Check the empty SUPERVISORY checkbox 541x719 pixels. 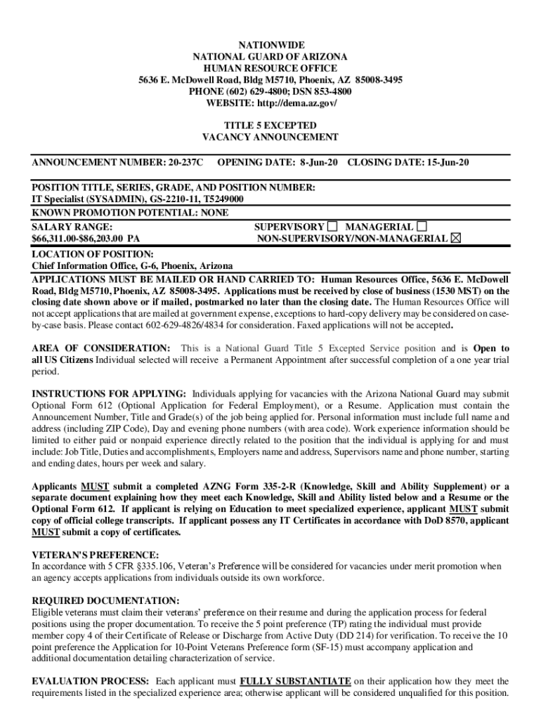(x=332, y=227)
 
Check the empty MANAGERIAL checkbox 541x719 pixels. (x=421, y=227)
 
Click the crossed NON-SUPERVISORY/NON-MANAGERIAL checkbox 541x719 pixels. (x=456, y=239)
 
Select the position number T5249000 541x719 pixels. (x=220, y=199)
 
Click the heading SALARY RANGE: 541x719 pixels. (x=72, y=227)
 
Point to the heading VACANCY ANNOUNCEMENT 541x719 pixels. (x=270, y=138)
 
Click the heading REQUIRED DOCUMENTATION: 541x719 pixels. (x=105, y=601)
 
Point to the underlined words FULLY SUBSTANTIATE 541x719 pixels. (x=295, y=681)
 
